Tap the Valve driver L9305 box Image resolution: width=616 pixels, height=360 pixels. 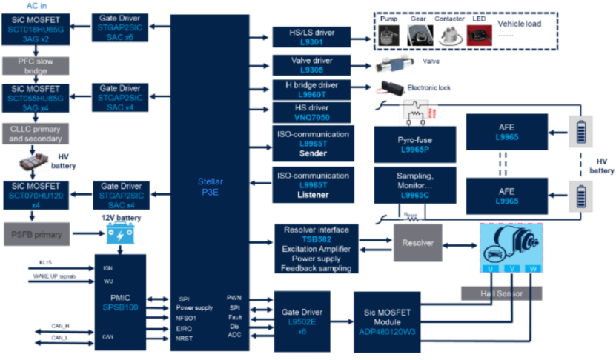(x=312, y=64)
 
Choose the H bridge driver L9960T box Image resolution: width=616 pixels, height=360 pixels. (x=312, y=90)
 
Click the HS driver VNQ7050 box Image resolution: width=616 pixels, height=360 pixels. (x=312, y=113)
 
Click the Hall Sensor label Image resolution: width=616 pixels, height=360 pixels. (x=503, y=293)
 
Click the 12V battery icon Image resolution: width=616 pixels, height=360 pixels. (x=118, y=235)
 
